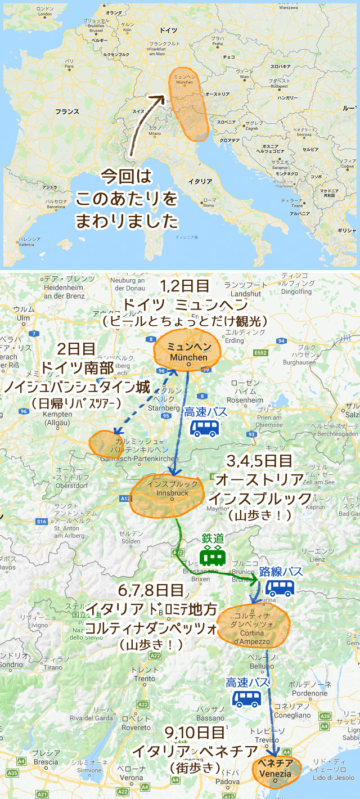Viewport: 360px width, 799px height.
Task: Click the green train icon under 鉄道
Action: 214,556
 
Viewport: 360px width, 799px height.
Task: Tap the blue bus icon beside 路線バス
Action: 280,589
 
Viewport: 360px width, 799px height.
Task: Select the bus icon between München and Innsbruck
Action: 204,428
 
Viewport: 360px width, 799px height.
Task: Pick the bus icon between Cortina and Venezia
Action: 247,699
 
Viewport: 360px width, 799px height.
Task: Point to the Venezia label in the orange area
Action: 276,773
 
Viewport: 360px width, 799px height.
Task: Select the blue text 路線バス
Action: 281,572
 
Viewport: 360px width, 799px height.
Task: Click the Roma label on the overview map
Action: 209,205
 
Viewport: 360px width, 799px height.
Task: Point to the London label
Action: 44,15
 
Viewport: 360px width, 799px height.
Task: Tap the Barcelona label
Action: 56,207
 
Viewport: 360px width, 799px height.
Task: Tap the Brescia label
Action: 46,762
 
